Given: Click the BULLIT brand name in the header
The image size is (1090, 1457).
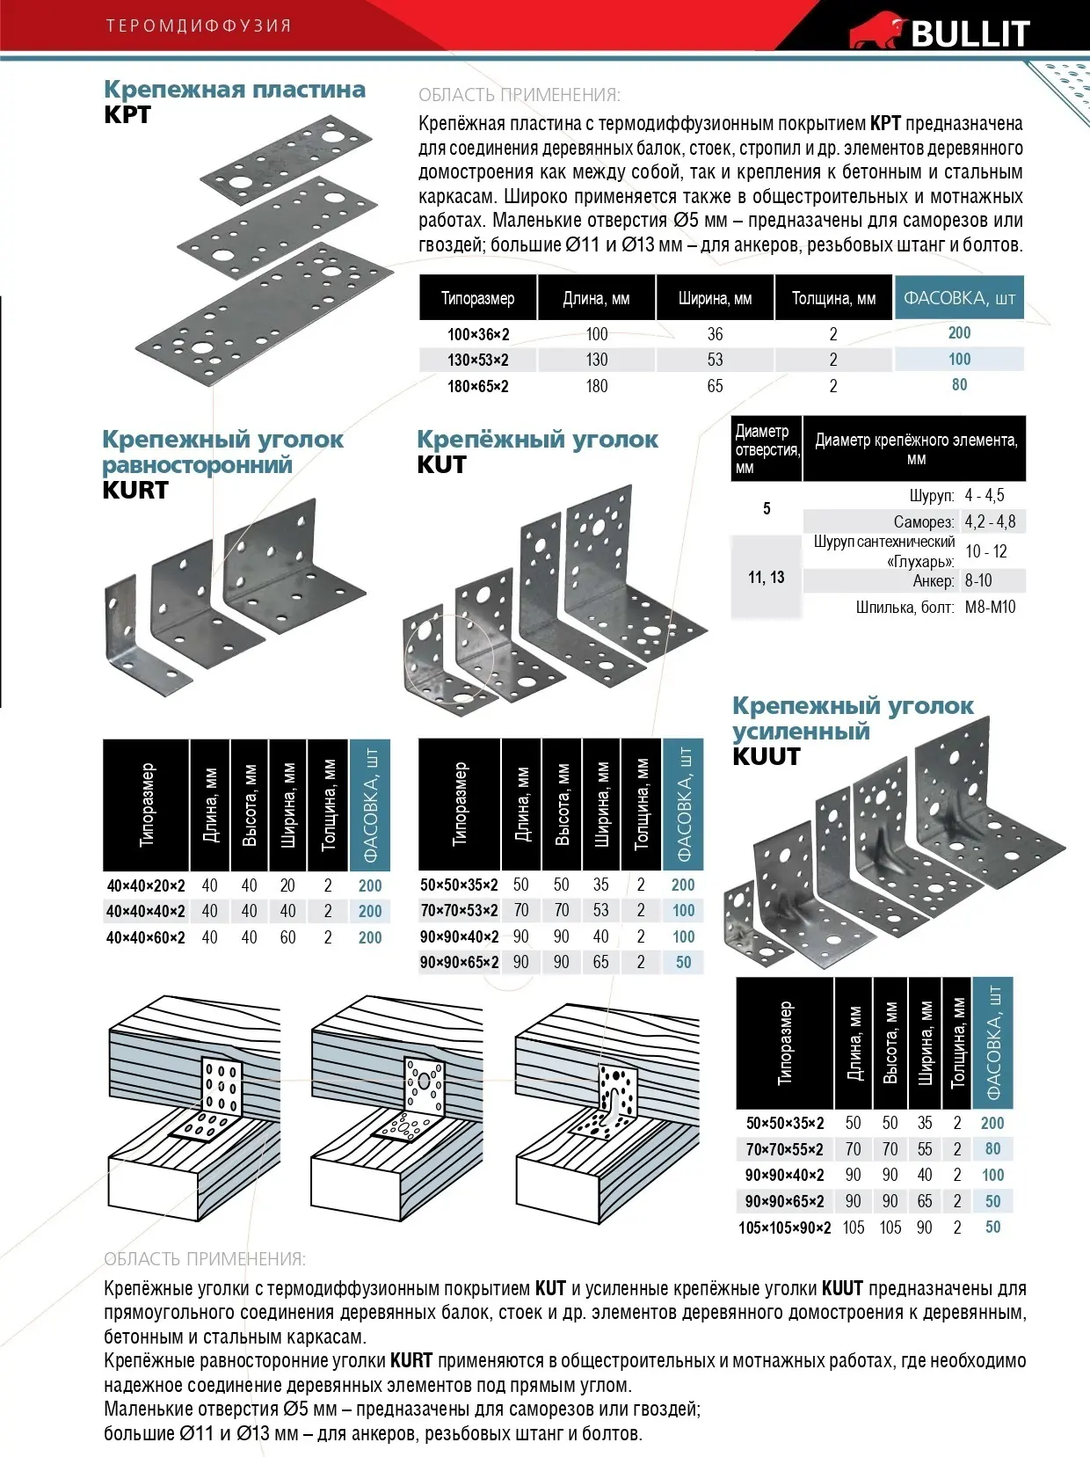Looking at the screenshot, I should (970, 33).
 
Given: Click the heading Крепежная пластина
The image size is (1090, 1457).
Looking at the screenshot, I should (235, 90).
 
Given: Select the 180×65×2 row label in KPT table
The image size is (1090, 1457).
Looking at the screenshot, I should (477, 386).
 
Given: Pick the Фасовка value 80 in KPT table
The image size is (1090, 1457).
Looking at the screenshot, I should (959, 385).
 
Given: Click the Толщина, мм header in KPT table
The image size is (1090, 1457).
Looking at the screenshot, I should (833, 298).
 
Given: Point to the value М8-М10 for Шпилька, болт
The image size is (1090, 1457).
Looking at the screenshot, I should (990, 607).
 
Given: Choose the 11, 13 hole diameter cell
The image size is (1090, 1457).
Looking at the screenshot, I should (766, 578).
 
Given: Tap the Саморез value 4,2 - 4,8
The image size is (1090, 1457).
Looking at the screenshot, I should (990, 521).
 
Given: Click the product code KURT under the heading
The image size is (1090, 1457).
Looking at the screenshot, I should (134, 491).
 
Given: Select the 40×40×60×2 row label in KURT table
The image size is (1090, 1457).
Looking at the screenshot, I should (146, 937).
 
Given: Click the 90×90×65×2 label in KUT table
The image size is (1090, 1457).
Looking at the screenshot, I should (459, 962).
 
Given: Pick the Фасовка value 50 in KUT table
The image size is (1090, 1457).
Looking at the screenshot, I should (683, 962).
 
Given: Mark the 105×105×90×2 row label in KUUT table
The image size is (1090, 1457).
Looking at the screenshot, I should (784, 1228).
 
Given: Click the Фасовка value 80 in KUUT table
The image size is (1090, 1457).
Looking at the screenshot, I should (992, 1148).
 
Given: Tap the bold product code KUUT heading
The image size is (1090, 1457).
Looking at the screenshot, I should (767, 756).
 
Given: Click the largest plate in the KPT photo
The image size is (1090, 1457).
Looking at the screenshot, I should (264, 317).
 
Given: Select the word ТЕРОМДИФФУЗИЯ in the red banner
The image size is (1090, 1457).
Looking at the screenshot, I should (199, 25).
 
